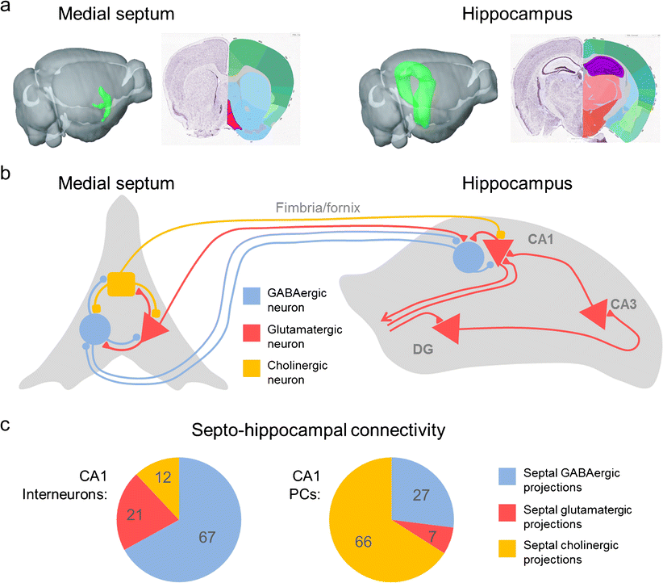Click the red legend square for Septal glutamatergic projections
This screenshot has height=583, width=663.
512,514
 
